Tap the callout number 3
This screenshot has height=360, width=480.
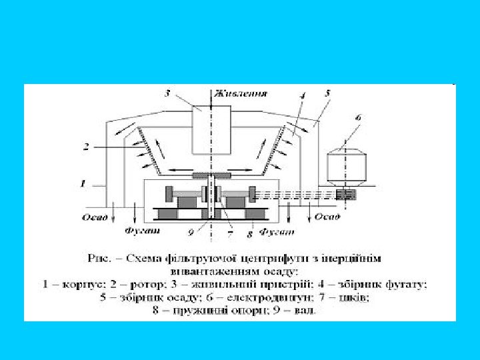coord(167,93)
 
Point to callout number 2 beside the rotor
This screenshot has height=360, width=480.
coord(86,146)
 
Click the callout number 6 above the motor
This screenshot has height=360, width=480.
coord(358,118)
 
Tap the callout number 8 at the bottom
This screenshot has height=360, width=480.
coord(249,233)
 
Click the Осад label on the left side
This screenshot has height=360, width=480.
coord(93,217)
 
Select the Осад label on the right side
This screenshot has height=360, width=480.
coord(327,217)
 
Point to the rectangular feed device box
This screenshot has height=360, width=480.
coord(211,129)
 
